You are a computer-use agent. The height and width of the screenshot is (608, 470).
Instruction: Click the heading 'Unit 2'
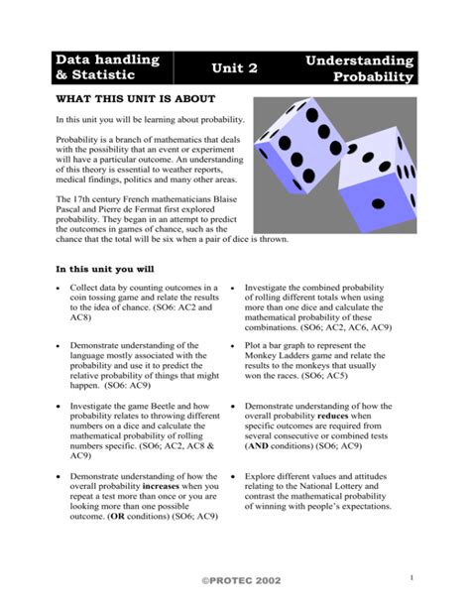[x=235, y=67]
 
